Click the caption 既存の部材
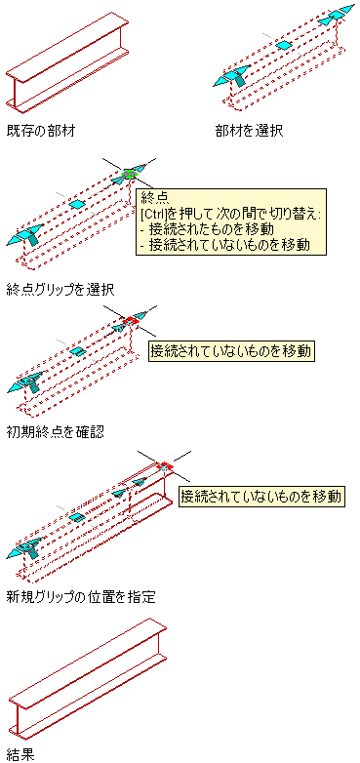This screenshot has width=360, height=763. click(x=41, y=132)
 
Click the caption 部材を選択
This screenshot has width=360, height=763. click(x=249, y=132)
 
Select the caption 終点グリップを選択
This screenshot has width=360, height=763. click(x=60, y=290)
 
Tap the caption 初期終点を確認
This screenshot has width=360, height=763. click(x=56, y=431)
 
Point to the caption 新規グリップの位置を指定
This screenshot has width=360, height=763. click(x=81, y=596)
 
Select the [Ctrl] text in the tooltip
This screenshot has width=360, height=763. click(x=154, y=213)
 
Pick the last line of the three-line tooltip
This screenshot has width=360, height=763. click(x=224, y=245)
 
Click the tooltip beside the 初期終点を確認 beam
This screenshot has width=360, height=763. click(x=231, y=351)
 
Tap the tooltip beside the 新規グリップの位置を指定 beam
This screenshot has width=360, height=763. click(x=262, y=497)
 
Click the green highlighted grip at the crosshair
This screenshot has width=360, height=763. click(x=129, y=174)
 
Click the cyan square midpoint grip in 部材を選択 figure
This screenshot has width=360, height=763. click(x=284, y=45)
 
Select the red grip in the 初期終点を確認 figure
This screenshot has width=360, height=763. click(x=131, y=321)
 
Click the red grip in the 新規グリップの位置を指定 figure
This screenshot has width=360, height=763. click(x=166, y=465)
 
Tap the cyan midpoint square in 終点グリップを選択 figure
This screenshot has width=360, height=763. click(x=76, y=204)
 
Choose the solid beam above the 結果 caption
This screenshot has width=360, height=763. click(x=88, y=677)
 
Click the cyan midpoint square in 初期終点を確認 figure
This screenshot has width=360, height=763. click(x=76, y=351)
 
